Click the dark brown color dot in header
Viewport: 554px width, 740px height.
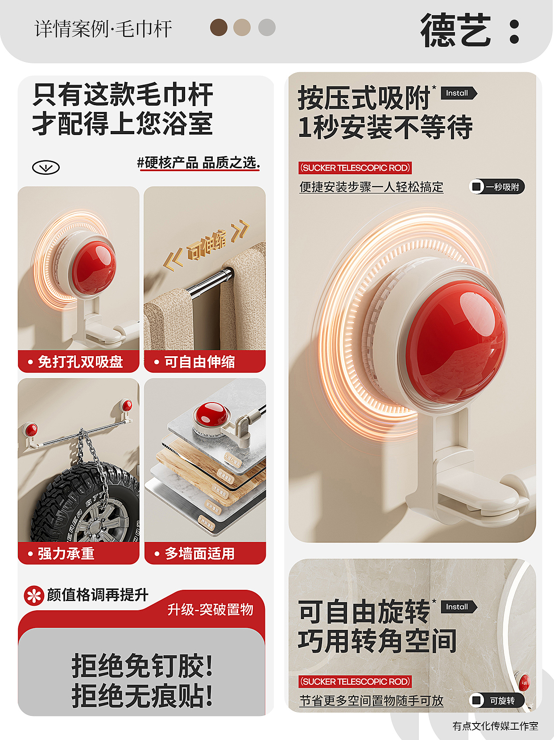219,27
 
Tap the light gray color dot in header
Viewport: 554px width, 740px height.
267,27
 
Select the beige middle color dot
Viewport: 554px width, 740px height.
242,27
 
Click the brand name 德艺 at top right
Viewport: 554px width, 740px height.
456,30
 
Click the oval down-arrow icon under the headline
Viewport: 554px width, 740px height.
46,168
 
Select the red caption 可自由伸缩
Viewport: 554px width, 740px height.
199,362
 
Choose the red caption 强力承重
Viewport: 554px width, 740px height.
66,554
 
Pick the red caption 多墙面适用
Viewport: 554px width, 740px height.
199,554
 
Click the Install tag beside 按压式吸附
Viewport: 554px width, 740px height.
458,93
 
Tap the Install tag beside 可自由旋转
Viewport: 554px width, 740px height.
458,607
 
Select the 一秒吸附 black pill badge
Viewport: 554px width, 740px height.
497,187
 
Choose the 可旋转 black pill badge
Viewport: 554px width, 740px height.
497,700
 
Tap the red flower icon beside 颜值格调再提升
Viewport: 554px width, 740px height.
34,596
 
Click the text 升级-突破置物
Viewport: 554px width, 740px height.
210,609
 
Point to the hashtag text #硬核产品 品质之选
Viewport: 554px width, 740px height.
199,163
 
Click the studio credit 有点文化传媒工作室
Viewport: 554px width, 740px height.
495,726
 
